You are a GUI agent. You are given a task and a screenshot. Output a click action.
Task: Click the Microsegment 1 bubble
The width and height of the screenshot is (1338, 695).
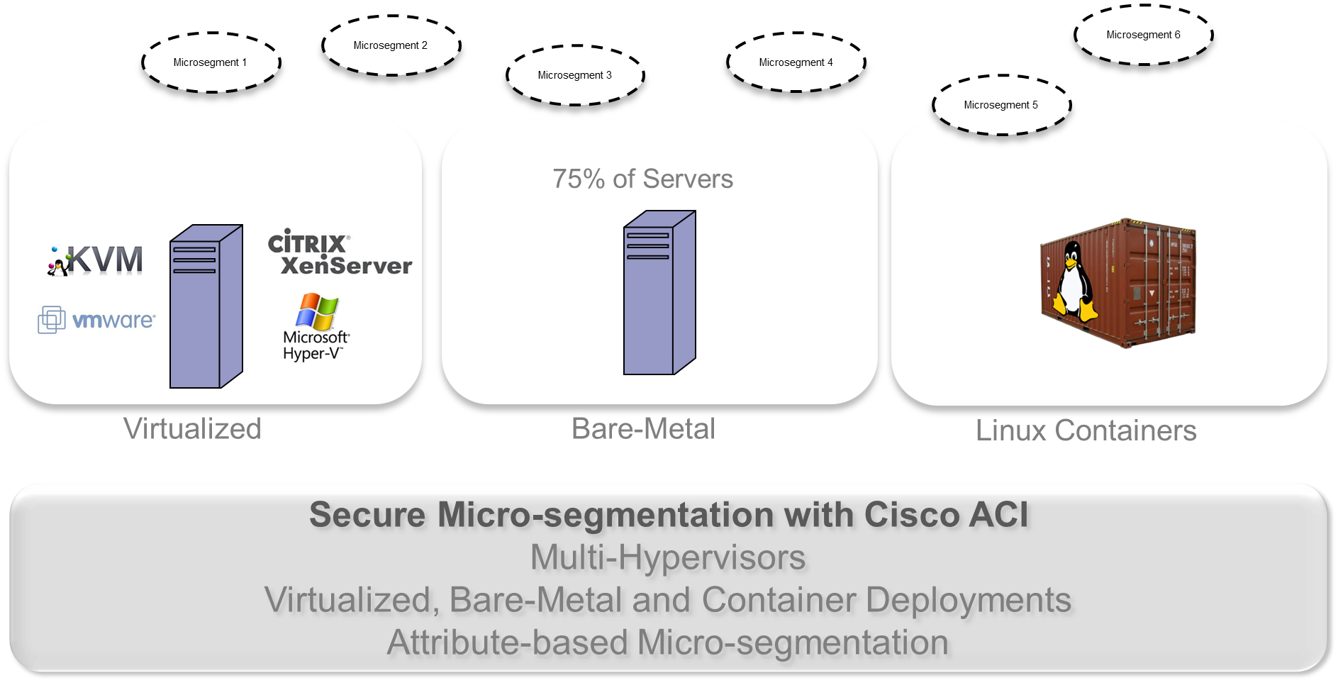[x=210, y=62]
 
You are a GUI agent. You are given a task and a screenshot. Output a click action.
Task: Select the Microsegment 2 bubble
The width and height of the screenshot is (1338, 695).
[x=390, y=45]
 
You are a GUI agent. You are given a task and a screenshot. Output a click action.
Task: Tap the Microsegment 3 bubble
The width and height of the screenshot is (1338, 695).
[x=574, y=75]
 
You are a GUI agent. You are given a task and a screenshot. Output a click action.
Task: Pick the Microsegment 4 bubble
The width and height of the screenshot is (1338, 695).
[x=796, y=62]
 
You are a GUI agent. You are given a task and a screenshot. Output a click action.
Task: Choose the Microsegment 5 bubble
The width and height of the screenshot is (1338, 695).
[x=1000, y=105]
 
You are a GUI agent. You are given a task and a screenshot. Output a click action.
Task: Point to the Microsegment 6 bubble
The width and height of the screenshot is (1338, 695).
[x=1143, y=35]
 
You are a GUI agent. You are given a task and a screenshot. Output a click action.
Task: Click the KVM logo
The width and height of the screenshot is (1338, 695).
[x=96, y=260]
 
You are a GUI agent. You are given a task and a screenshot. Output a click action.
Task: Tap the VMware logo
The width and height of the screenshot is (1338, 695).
[x=96, y=321]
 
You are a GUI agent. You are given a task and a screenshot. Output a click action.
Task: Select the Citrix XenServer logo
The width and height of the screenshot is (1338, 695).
[x=339, y=252]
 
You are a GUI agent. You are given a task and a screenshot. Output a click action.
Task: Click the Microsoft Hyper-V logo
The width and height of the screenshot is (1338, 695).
[x=316, y=327]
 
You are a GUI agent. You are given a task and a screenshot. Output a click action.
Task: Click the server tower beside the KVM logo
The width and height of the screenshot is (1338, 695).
[x=206, y=306]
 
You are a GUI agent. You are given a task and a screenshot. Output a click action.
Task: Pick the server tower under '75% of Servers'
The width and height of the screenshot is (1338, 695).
[x=659, y=292]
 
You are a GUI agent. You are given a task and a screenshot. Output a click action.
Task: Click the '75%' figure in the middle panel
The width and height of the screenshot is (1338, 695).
[x=579, y=179]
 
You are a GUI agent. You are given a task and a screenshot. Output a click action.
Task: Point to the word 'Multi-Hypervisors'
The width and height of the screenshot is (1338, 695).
[x=668, y=557]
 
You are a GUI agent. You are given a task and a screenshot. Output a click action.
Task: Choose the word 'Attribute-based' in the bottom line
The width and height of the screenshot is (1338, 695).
[x=508, y=643]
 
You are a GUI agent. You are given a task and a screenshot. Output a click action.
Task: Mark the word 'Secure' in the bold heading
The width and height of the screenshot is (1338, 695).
[x=367, y=515]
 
